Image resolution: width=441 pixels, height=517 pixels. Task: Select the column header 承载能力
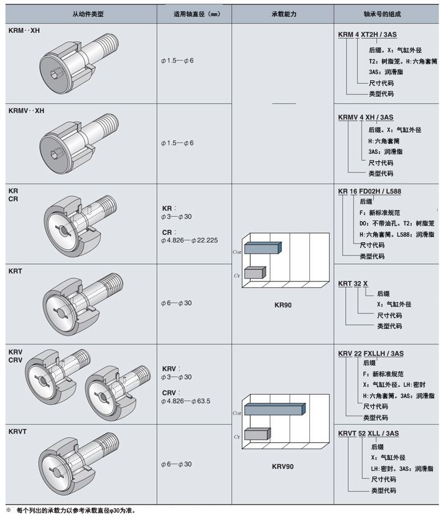pos(282,13)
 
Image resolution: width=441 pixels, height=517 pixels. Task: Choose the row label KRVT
pos(19,431)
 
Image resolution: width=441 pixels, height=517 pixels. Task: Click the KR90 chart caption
pos(283,305)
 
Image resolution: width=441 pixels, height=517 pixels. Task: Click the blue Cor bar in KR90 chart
pos(263,249)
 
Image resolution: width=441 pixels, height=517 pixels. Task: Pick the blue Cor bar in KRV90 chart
pos(274,409)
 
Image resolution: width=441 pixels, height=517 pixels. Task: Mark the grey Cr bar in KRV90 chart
pos(256,434)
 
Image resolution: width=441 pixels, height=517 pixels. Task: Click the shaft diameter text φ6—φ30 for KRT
pos(176,303)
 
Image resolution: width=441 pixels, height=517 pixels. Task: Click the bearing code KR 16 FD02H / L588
pos(369,192)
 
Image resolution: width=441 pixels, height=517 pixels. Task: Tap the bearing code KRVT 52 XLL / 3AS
pos(368,434)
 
